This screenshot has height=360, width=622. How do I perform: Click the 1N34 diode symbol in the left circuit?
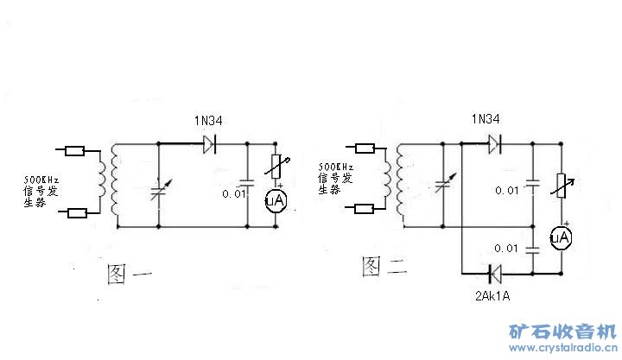click(209, 144)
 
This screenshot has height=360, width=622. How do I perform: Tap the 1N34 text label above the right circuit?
click(486, 118)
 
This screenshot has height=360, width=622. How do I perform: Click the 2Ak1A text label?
click(492, 295)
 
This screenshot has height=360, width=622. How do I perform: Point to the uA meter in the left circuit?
click(275, 200)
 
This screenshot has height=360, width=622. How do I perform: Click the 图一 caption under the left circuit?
click(130, 274)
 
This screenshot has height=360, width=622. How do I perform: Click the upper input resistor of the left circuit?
click(75, 149)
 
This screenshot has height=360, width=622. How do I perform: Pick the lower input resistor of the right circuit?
click(364, 208)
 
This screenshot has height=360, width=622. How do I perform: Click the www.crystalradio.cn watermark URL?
click(562, 348)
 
